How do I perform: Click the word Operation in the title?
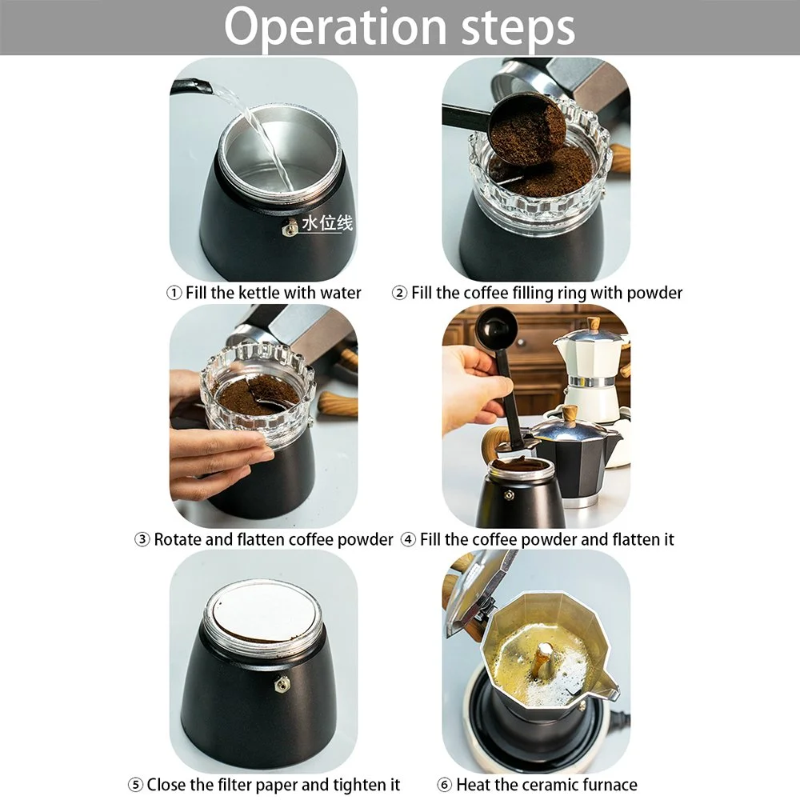(x=336, y=27)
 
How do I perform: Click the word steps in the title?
(x=518, y=29)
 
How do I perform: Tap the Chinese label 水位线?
(x=327, y=223)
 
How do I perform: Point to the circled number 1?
(x=174, y=293)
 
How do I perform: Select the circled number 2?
(x=399, y=293)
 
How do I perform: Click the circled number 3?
(x=142, y=539)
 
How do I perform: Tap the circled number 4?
(x=408, y=539)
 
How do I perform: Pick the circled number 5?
(x=135, y=784)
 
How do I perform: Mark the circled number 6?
(x=444, y=784)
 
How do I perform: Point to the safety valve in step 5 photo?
(x=280, y=684)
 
